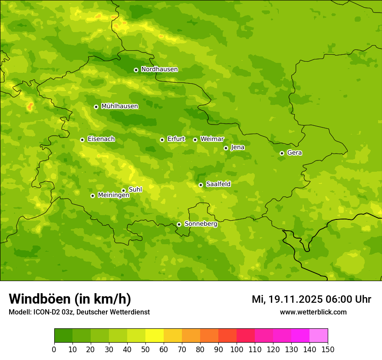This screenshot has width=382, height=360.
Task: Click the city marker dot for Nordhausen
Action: [x=136, y=70]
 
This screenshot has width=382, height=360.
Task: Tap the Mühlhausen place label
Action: [x=120, y=106]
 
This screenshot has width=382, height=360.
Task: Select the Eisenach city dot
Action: [x=82, y=140]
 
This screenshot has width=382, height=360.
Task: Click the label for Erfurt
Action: [x=176, y=139]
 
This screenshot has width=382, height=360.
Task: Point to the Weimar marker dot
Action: [x=195, y=140]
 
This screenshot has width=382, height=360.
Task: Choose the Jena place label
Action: [x=237, y=147]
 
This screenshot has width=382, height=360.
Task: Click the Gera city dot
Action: [x=282, y=153]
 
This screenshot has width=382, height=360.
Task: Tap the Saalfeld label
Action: [x=218, y=184]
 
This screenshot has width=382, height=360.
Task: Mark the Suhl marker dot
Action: [x=123, y=190]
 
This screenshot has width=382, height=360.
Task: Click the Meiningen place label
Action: [x=114, y=196]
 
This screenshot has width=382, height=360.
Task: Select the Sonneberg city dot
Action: [x=179, y=224]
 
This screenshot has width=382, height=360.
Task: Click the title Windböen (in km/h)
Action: [x=70, y=299]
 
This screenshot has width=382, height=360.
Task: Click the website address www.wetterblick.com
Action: [x=313, y=312]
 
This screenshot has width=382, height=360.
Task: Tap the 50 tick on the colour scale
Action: [x=145, y=349]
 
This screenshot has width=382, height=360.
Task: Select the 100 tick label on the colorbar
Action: [x=237, y=349]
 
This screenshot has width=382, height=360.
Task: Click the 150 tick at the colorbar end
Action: [x=328, y=349]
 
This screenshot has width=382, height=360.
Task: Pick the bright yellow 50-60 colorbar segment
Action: [x=155, y=336]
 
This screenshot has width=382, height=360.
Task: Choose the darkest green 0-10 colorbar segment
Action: [x=63, y=336]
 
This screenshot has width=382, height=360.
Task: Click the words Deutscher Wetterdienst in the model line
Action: [x=115, y=312]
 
